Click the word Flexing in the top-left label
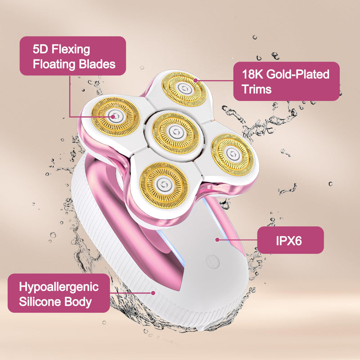coord(71,50)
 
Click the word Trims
coord(256,89)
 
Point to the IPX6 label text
coord(289,241)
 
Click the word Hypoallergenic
coord(59,288)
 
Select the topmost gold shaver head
coord(184,89)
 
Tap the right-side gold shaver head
coord(232,154)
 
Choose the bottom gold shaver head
coord(164,185)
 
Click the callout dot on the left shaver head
coord(113,117)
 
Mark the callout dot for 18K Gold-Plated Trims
coord(195,81)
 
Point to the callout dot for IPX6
coord(217,240)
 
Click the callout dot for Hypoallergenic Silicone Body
coord(153,293)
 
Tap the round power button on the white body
coord(213,261)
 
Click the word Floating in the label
coord(54,64)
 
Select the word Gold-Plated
coord(298,74)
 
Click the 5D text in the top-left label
coord(40,49)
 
